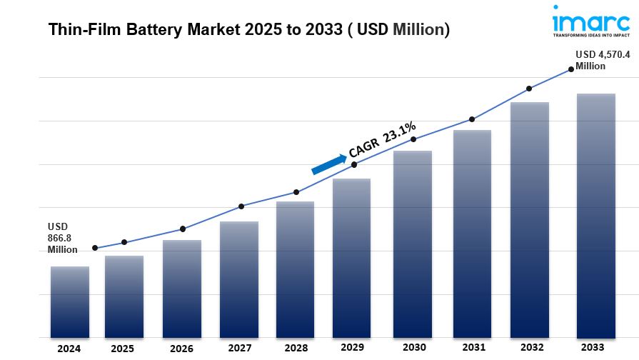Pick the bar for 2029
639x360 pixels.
pos(351,258)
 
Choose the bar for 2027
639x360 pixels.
pos(239,279)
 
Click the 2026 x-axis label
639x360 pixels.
pos(182,349)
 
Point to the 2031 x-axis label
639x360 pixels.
pos(472,348)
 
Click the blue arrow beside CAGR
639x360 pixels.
pos(327,163)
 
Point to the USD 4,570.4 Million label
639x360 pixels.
pos(603,61)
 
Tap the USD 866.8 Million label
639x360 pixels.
pos(64,237)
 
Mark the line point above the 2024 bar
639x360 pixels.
pos(95,249)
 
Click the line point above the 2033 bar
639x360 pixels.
pos(570,69)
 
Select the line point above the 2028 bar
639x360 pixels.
pos(296,192)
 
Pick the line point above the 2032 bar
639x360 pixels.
pos(529,89)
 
